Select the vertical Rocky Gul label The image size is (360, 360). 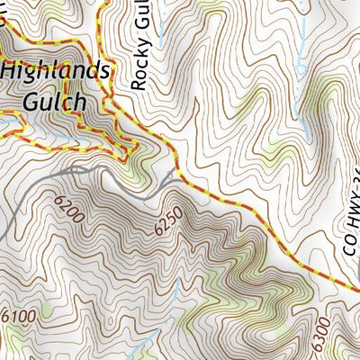click(x=138, y=45)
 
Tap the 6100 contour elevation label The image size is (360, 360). click(x=19, y=316)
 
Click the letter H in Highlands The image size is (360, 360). click(x=9, y=71)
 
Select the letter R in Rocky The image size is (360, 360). click(x=138, y=83)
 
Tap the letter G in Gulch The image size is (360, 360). click(x=11, y=102)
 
